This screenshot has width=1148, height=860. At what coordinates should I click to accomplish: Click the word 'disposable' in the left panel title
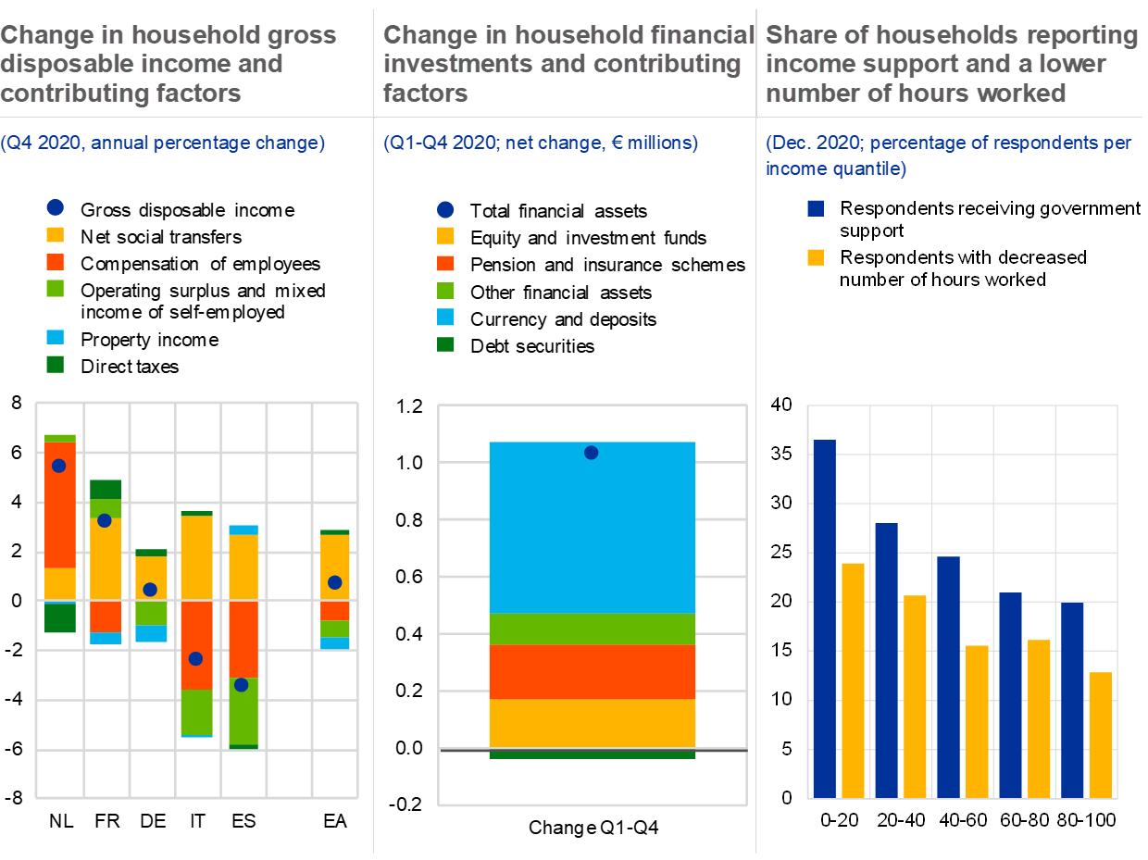(x=55, y=65)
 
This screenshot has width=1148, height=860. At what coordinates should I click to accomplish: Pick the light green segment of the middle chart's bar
(x=592, y=629)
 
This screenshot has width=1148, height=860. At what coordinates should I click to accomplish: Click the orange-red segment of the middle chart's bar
(x=592, y=671)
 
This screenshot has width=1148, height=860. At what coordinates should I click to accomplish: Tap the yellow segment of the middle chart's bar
(x=592, y=723)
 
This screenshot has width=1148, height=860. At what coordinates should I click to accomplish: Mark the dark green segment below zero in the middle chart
(x=592, y=754)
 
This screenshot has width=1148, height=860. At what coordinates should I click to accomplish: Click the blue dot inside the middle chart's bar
(x=591, y=453)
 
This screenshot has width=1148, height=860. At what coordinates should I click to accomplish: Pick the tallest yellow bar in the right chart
(x=853, y=679)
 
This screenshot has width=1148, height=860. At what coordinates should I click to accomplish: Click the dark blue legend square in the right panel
(x=816, y=208)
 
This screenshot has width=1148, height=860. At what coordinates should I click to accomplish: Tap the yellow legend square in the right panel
(x=816, y=257)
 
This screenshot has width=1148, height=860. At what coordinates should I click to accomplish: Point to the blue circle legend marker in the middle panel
(x=445, y=210)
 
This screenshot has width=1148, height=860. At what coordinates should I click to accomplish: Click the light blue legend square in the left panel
(x=56, y=337)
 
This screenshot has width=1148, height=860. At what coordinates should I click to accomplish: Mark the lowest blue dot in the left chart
(x=241, y=685)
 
